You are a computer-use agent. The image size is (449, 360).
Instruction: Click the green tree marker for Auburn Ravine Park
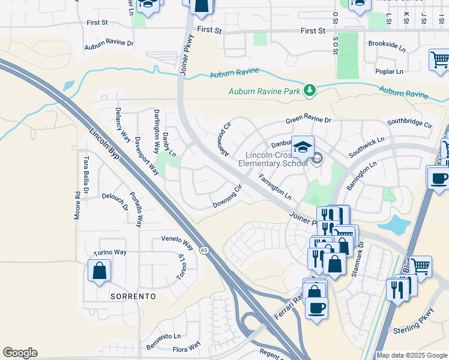coord(309,91)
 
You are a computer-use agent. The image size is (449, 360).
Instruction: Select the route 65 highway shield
coord(204,250)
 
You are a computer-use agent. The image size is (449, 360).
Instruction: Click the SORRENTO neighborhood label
coord(133,296)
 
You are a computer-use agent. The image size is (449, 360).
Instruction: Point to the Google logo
coord(20,353)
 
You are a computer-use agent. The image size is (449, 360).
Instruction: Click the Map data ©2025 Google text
coord(412,355)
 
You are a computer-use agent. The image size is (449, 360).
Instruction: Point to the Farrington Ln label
coord(275,187)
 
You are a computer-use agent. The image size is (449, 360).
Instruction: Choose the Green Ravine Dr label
coord(308,120)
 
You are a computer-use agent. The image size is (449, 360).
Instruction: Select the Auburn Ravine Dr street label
coord(109,44)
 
